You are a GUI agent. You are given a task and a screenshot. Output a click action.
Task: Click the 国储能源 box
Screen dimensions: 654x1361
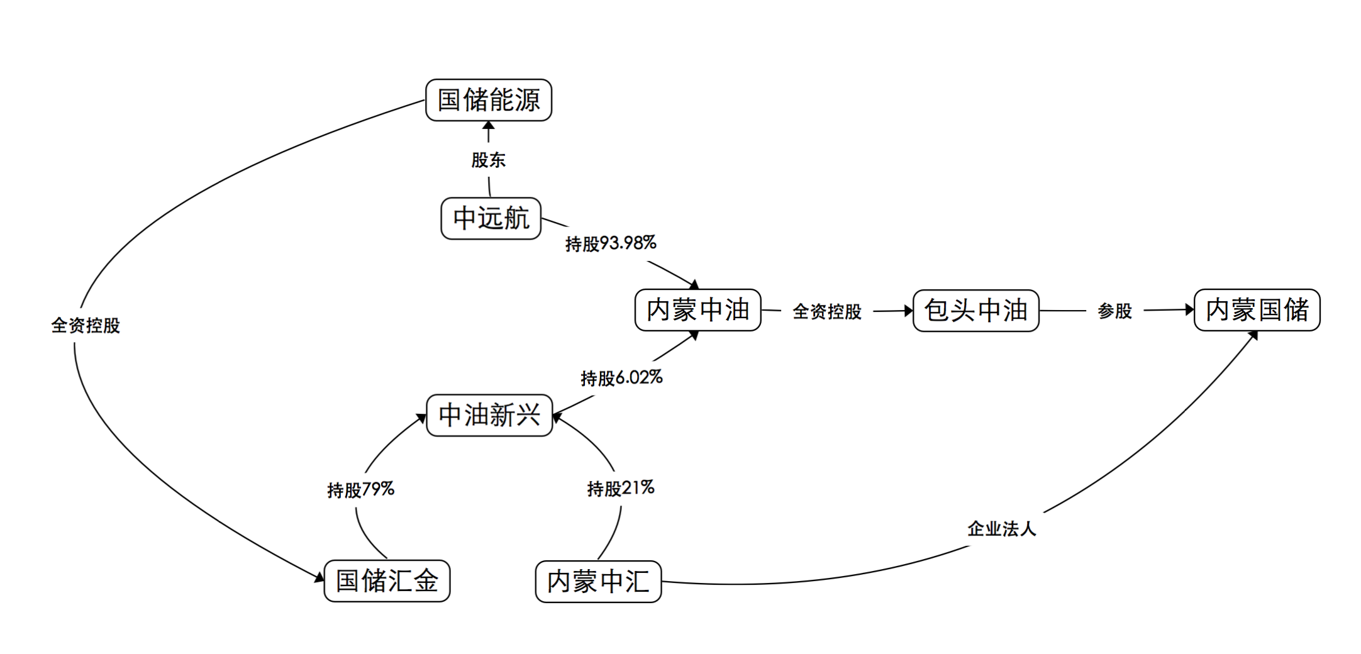coord(489,100)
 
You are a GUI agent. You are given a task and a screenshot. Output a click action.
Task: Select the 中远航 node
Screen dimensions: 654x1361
coord(491,218)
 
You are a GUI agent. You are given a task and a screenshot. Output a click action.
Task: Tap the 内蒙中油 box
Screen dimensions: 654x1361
coord(698,310)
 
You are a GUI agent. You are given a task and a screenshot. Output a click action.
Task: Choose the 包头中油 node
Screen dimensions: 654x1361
coord(975,311)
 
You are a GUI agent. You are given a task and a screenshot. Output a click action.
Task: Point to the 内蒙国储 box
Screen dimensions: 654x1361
coord(1257,310)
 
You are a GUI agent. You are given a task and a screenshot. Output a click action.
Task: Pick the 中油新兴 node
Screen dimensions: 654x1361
coord(489,415)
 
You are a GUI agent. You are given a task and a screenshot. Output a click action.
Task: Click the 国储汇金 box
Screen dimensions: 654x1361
coord(387,580)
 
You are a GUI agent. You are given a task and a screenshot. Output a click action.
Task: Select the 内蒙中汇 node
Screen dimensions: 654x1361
coord(598,581)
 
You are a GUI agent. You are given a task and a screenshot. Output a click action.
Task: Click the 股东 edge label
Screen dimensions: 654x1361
coord(489,160)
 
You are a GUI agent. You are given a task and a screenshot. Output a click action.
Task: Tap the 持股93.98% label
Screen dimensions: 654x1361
coord(611,243)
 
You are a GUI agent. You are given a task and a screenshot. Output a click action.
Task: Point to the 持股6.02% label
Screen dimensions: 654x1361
coord(621,378)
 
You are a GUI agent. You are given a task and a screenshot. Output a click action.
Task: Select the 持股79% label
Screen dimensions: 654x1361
coord(360,489)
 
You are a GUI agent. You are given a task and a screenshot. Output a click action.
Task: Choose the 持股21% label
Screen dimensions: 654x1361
coord(621,488)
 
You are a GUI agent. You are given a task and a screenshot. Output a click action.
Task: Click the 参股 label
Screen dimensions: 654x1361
coord(1114,311)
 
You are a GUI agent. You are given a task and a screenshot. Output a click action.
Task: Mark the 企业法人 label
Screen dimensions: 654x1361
coord(1001,528)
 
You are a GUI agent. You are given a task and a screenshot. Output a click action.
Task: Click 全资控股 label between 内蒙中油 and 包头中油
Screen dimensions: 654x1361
coord(826,311)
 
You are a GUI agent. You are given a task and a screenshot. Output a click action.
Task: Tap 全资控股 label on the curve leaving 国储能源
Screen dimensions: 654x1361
coord(86,325)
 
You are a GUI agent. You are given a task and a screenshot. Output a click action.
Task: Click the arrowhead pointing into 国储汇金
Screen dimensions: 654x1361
coord(319,577)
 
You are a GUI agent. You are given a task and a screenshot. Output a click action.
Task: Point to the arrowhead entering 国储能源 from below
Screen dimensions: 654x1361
coord(489,126)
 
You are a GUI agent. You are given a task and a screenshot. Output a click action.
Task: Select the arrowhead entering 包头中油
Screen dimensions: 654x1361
coord(908,311)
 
